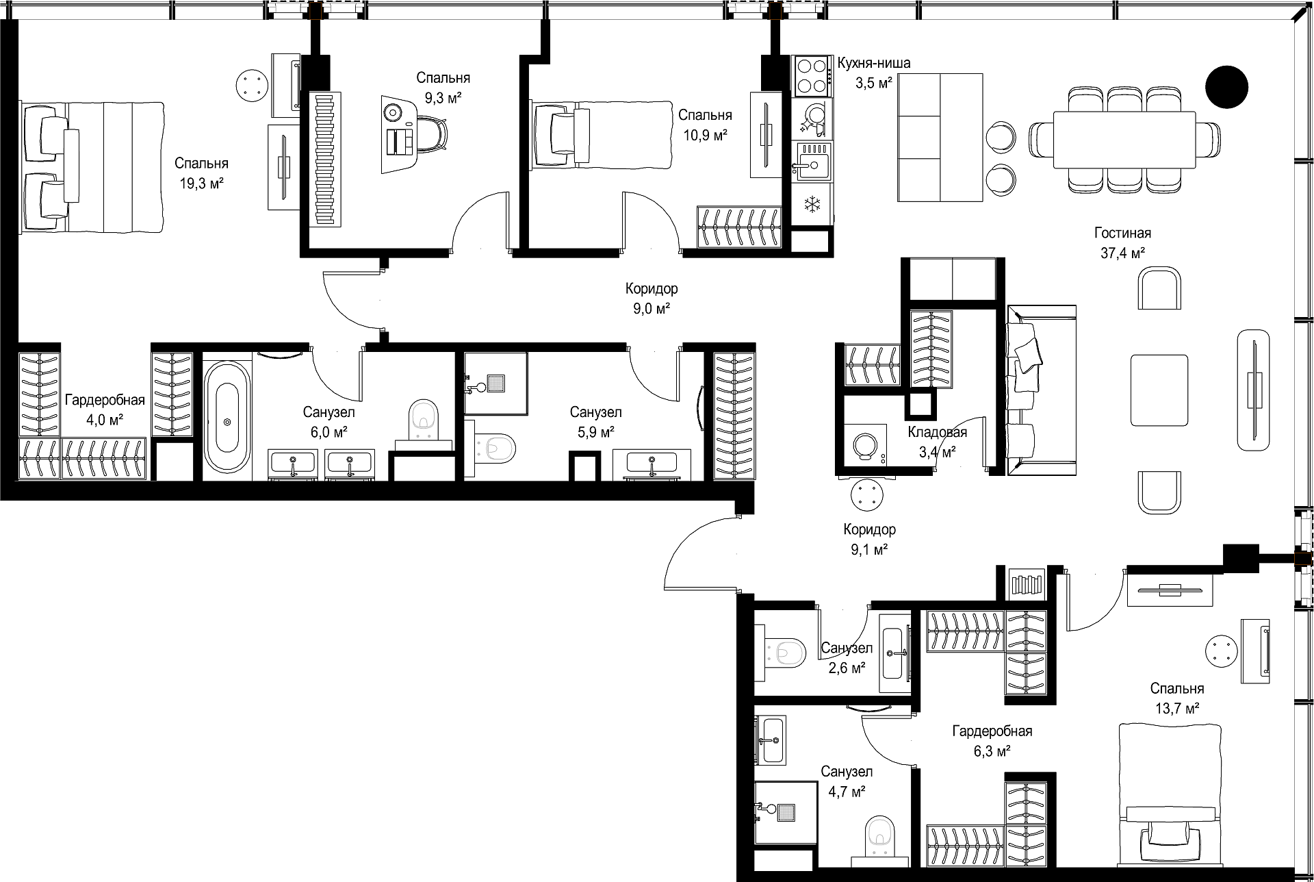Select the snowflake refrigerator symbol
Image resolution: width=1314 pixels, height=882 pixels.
(812, 203)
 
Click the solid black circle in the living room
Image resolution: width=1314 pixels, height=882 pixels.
(1226, 86)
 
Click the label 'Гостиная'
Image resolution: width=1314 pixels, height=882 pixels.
(1122, 233)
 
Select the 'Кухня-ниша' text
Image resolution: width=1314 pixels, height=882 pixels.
(873, 64)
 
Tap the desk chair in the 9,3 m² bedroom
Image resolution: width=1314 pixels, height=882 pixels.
(430, 132)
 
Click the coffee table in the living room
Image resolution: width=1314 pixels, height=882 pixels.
(1159, 390)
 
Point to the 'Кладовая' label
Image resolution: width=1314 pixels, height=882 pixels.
(938, 432)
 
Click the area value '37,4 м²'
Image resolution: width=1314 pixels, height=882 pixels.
(1123, 253)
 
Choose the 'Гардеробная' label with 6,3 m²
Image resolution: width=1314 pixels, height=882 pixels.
(992, 731)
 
